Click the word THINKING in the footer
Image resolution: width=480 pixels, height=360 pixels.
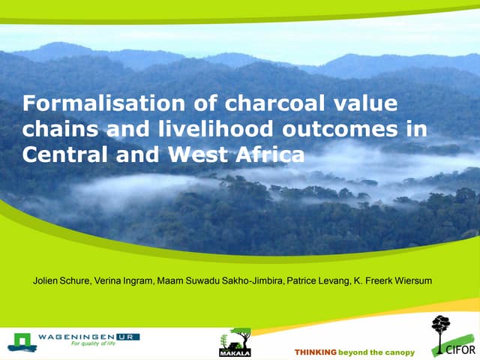(x=315, y=352)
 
